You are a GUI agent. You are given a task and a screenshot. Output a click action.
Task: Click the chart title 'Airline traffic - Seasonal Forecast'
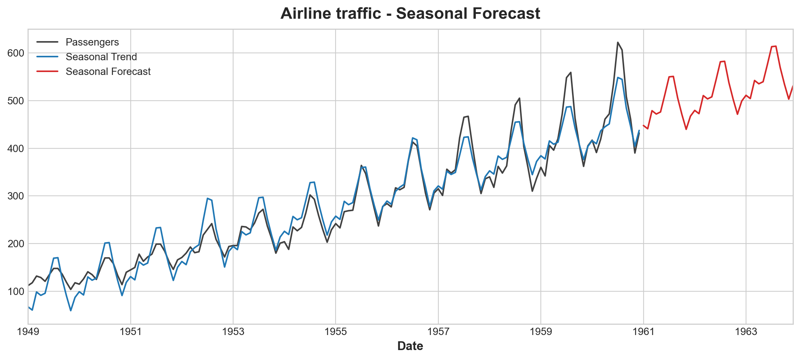[410, 14]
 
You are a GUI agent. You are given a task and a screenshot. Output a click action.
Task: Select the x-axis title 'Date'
[410, 346]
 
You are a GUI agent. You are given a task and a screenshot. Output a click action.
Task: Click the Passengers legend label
[92, 42]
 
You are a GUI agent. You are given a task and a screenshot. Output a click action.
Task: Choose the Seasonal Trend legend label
[101, 57]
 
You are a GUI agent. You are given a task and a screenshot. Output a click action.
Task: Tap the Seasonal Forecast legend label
[108, 72]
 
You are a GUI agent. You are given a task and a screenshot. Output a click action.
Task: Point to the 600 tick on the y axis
[15, 53]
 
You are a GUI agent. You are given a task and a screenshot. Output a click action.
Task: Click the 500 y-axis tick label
[15, 101]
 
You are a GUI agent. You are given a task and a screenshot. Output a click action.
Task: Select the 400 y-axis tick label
[15, 148]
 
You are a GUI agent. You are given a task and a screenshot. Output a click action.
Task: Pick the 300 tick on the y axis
[15, 196]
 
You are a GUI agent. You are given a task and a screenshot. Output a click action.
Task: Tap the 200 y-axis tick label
[15, 244]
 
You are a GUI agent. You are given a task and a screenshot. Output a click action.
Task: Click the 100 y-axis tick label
[15, 292]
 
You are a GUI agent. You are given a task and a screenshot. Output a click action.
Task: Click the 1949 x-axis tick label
[28, 332]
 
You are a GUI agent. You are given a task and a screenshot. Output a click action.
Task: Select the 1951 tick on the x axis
[131, 332]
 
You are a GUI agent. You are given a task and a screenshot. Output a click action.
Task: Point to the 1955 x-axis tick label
[336, 332]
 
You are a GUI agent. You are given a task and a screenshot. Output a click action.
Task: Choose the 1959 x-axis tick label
[541, 332]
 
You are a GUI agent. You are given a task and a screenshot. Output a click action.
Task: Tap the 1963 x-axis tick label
[746, 332]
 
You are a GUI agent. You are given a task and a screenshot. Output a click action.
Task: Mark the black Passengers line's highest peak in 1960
[618, 42]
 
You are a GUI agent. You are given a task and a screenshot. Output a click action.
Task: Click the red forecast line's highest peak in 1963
[776, 46]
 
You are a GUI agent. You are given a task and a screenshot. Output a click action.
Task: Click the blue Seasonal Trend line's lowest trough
[70, 310]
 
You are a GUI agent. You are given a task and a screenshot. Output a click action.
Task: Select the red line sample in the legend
[47, 72]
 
